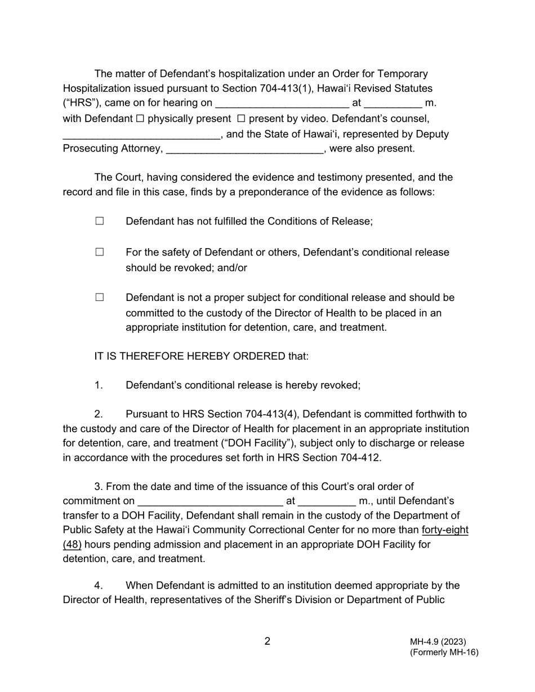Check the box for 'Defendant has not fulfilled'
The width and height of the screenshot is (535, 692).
click(100, 221)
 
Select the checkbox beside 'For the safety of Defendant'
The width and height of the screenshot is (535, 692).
click(100, 252)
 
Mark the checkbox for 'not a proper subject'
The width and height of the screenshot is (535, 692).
click(100, 297)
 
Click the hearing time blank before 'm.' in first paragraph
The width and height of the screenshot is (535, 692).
click(393, 104)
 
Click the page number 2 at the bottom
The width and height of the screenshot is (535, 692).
click(267, 641)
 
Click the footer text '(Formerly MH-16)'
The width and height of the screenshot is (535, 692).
click(444, 653)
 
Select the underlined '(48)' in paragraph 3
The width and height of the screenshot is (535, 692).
click(72, 545)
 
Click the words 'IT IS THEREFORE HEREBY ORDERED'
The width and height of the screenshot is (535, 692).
click(190, 356)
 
